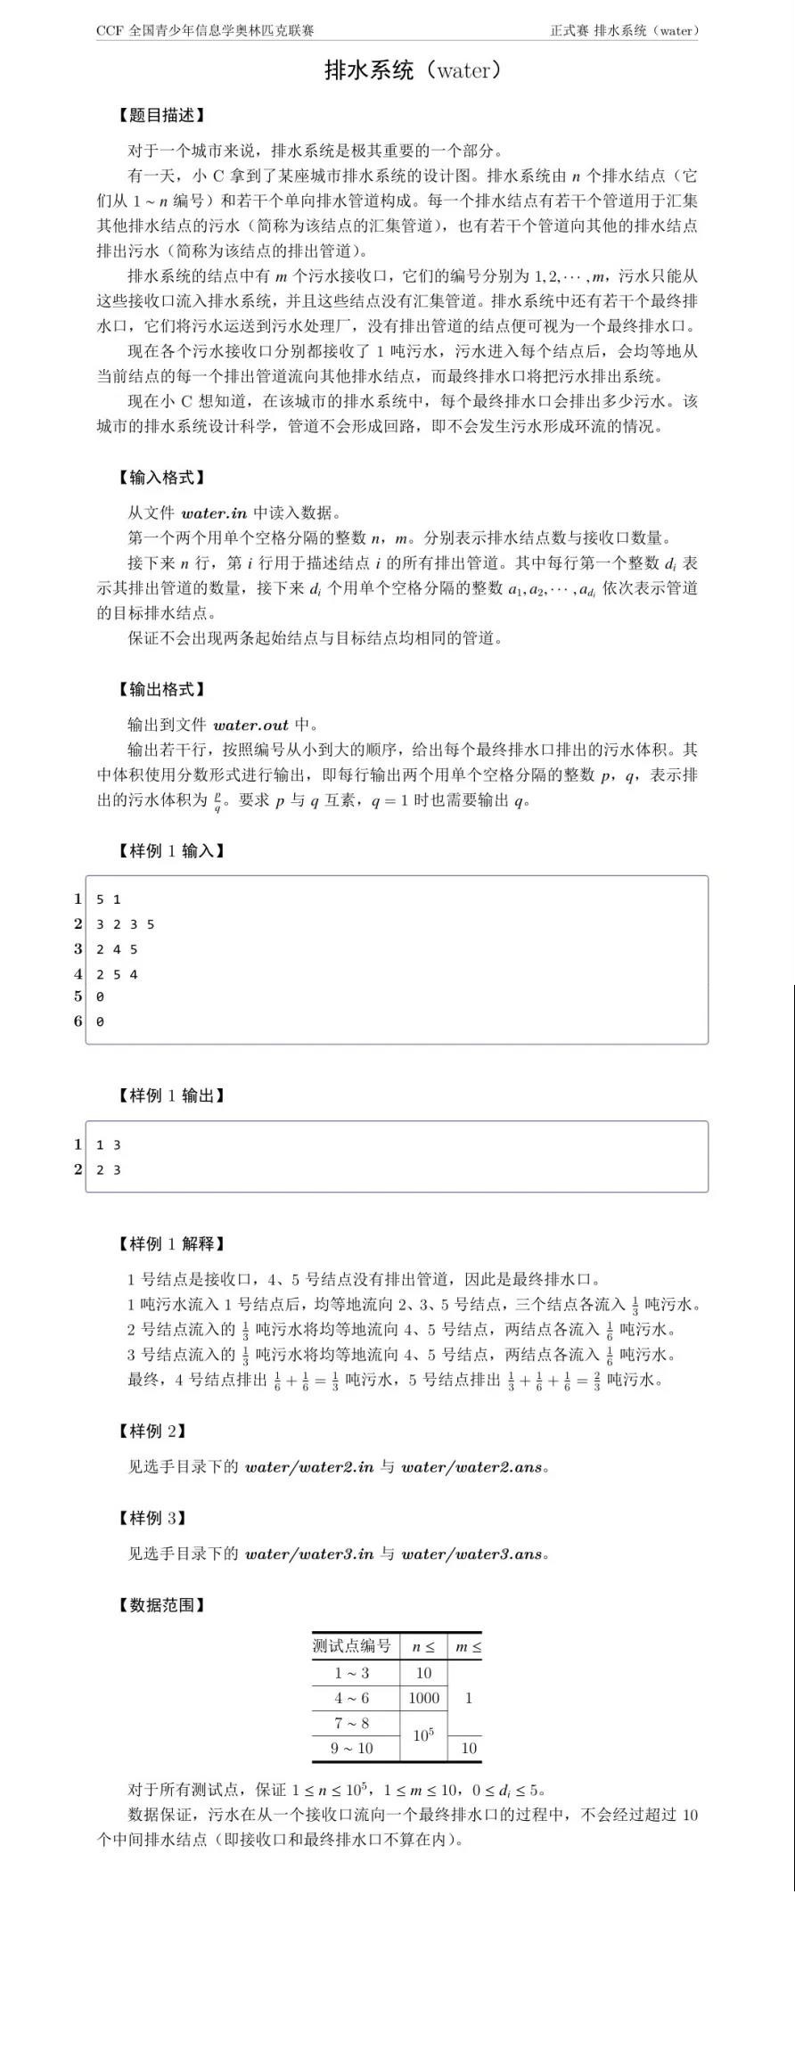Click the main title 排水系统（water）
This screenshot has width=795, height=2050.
[x=414, y=70]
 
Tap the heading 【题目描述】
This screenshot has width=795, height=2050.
[x=161, y=115]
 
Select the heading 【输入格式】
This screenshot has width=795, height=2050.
[x=161, y=478]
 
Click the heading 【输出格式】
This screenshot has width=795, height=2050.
[x=161, y=689]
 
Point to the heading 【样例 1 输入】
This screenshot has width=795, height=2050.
[x=171, y=850]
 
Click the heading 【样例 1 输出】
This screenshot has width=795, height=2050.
[x=171, y=1095]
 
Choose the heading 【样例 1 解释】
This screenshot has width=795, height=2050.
[x=171, y=1243]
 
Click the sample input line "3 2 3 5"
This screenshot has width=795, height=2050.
[x=126, y=924]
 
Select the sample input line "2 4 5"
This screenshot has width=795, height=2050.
[x=117, y=949]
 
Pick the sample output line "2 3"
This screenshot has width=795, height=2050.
[x=109, y=1169]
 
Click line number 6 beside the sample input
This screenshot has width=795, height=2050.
[x=78, y=1021]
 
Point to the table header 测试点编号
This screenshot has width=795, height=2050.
[x=352, y=1645]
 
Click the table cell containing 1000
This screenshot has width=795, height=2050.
[x=423, y=1698]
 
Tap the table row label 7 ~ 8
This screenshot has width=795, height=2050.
[x=352, y=1723]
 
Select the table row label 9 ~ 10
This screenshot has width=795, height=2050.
[x=352, y=1748]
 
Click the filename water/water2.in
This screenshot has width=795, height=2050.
[x=309, y=1467]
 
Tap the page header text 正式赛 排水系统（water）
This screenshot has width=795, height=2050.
[x=624, y=30]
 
